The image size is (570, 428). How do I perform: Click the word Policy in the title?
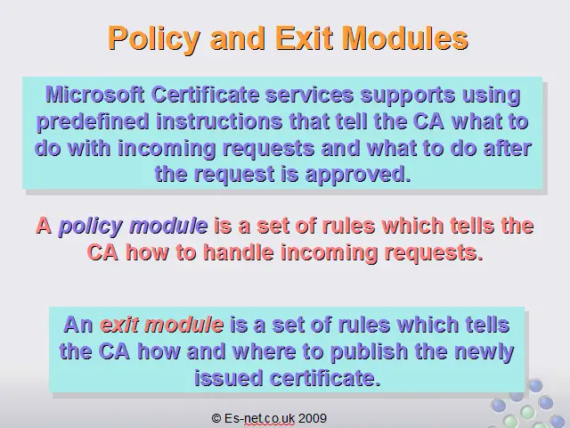pyautogui.click(x=154, y=38)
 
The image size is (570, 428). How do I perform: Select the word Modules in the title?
pyautogui.click(x=406, y=37)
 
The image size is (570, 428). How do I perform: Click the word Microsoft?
pyautogui.click(x=94, y=95)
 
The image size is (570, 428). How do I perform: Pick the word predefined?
pyautogui.click(x=93, y=122)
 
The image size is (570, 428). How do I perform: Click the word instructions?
pyautogui.click(x=219, y=121)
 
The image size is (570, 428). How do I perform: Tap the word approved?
pyautogui.click(x=358, y=175)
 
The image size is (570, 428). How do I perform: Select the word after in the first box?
pyautogui.click(x=508, y=148)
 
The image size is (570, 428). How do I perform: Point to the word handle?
pyautogui.click(x=238, y=251)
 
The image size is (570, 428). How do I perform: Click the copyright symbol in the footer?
pyautogui.click(x=216, y=418)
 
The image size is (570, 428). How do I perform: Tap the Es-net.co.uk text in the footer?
pyautogui.click(x=259, y=418)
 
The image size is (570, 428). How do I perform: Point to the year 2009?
pyautogui.click(x=313, y=418)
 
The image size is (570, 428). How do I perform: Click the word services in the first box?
pyautogui.click(x=309, y=95)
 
